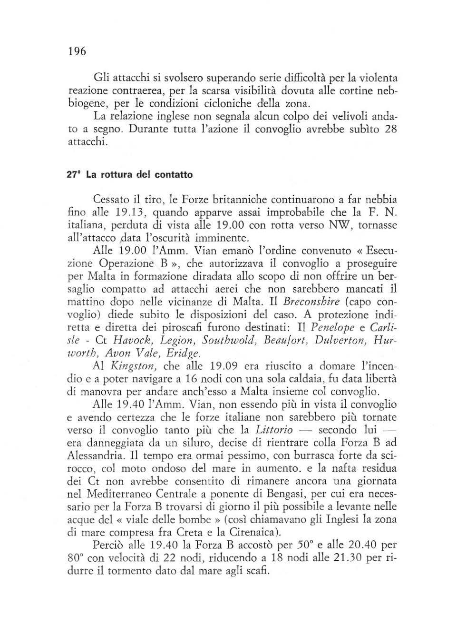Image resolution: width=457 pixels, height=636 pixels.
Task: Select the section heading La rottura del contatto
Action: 129,174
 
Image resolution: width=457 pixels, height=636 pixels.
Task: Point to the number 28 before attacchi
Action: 390,129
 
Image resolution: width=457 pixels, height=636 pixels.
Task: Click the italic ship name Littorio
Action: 274,430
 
